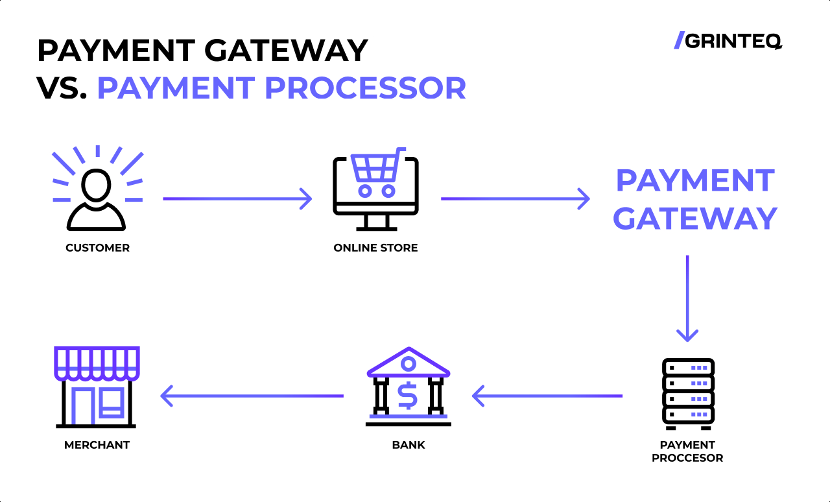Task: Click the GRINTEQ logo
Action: (x=728, y=41)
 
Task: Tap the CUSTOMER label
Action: (x=97, y=248)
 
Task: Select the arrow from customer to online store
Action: (x=237, y=198)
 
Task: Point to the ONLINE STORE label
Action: (x=375, y=248)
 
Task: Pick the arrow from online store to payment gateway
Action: (x=515, y=198)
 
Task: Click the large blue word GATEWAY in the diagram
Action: (x=694, y=219)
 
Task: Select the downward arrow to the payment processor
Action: (x=687, y=298)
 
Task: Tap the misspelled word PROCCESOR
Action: (x=687, y=458)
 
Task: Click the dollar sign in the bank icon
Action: (x=408, y=396)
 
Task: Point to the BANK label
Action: (x=409, y=445)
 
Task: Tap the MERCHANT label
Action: (x=97, y=445)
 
